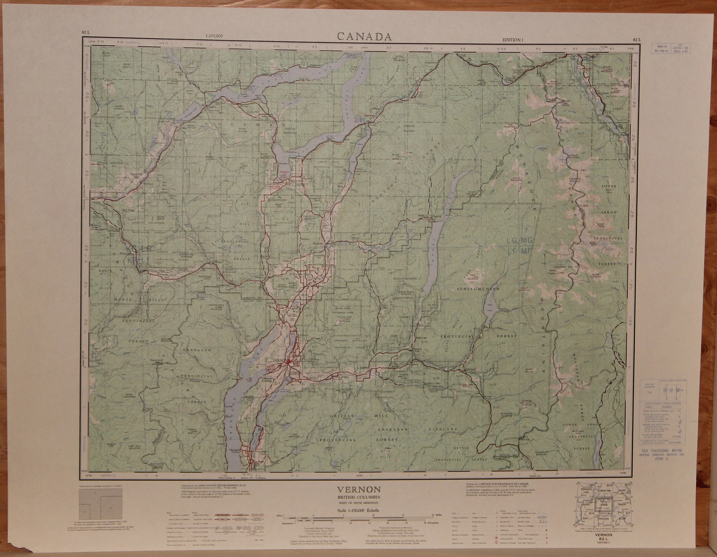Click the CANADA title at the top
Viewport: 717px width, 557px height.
click(364, 37)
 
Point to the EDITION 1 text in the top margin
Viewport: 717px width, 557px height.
click(513, 40)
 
